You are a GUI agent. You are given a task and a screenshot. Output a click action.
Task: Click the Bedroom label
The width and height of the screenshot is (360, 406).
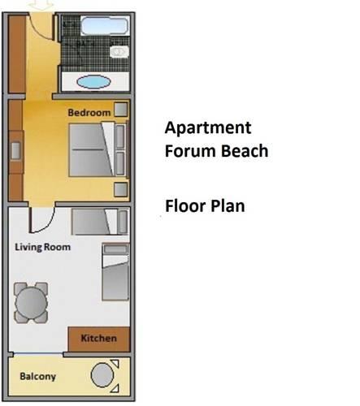click(89, 112)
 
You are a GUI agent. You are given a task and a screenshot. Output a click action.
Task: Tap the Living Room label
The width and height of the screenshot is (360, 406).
click(42, 247)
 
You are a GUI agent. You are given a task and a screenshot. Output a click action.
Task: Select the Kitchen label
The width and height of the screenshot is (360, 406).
click(98, 338)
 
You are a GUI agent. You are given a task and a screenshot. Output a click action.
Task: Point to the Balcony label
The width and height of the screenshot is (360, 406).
click(38, 377)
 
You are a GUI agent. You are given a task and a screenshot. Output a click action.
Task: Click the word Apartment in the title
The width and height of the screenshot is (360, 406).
click(208, 127)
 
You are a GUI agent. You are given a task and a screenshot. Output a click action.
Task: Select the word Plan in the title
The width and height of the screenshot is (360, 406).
click(228, 206)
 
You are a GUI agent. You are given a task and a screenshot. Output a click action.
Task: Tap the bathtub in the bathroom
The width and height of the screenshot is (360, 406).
click(104, 26)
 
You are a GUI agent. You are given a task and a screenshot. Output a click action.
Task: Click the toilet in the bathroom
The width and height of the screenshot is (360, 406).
click(119, 51)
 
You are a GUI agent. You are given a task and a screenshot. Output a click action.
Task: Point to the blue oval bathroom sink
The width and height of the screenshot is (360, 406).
click(93, 81)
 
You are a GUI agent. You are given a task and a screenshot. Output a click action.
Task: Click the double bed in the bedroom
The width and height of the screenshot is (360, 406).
click(98, 150)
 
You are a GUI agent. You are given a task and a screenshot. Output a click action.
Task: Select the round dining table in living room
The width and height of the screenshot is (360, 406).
click(31, 303)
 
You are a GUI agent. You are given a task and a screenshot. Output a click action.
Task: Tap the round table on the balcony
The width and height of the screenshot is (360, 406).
click(102, 375)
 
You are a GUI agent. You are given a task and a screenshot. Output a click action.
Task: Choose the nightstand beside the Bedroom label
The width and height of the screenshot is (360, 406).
click(120, 110)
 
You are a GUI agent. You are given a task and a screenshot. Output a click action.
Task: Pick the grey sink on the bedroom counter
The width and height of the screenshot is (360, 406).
click(15, 151)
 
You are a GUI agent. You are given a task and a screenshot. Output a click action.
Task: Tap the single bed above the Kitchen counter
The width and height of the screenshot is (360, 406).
click(115, 272)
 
